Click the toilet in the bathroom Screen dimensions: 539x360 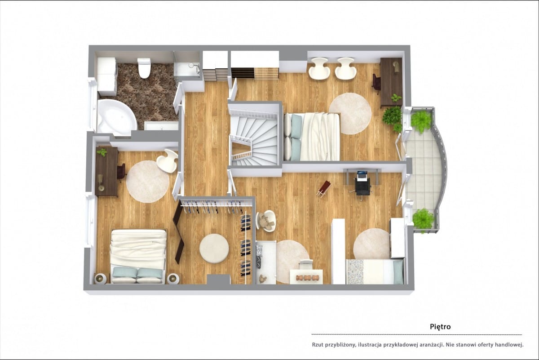[144, 68]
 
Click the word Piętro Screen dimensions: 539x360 [440, 327]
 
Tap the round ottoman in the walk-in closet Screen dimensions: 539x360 [214, 248]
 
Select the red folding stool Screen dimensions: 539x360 [324, 189]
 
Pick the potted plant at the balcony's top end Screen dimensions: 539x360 [420, 121]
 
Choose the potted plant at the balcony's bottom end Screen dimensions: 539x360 [423, 219]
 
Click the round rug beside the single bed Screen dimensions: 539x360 [372, 244]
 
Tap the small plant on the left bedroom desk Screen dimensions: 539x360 [102, 152]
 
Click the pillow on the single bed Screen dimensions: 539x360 [398, 272]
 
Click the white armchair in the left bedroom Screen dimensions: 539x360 [168, 161]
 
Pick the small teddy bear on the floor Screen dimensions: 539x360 [262, 279]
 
